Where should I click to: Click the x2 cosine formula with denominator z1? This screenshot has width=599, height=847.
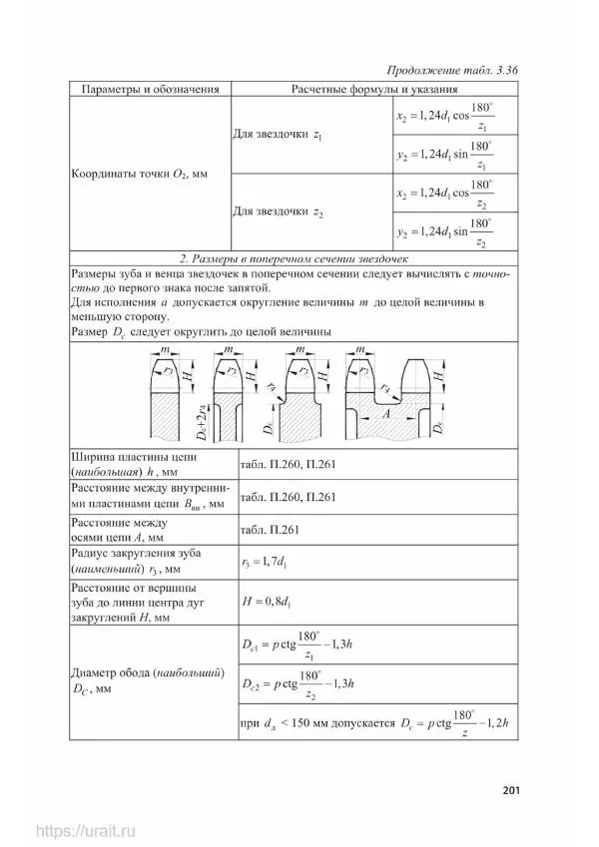point(444,117)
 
